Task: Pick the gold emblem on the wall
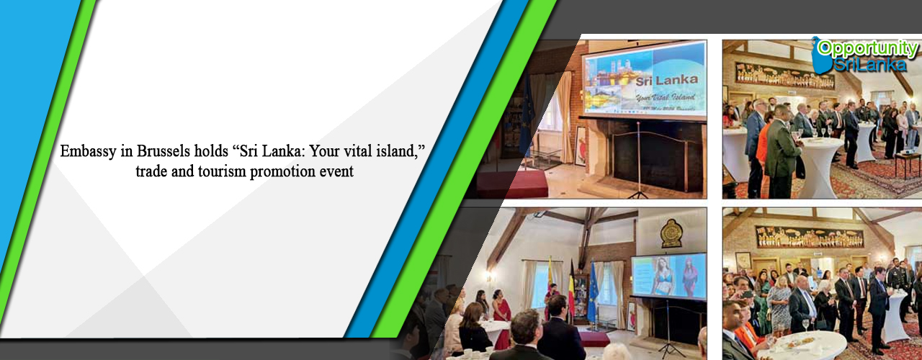point(671,233)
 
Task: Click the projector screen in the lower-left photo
point(668,276)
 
